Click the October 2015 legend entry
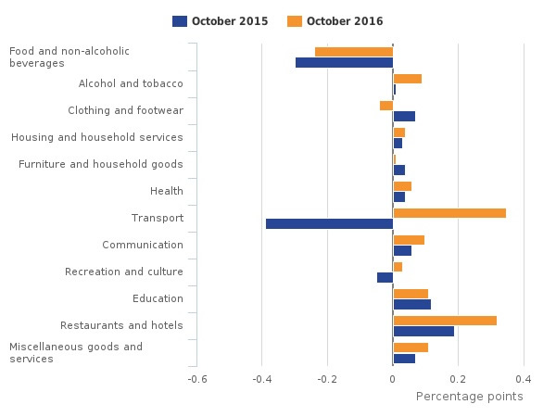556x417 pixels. tap(220, 21)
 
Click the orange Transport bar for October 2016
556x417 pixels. tap(449, 213)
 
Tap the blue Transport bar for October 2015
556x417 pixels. tap(329, 223)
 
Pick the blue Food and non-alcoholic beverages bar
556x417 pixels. tap(344, 62)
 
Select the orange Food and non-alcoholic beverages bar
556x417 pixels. tap(354, 52)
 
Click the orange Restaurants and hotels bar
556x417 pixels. tap(445, 321)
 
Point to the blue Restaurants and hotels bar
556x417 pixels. tap(423, 331)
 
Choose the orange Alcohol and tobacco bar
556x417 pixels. tap(408, 79)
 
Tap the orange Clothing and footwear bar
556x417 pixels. tap(386, 106)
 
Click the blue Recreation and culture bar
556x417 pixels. tap(385, 277)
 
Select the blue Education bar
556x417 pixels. tap(411, 304)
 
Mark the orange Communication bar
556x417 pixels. tap(409, 240)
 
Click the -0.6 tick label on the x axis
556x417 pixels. tap(196, 379)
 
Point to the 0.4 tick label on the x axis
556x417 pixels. tap(524, 379)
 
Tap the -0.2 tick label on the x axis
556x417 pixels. tap(326, 379)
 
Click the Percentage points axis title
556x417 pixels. tap(469, 397)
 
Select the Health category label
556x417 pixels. tap(166, 192)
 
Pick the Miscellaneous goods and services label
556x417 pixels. tap(76, 353)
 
